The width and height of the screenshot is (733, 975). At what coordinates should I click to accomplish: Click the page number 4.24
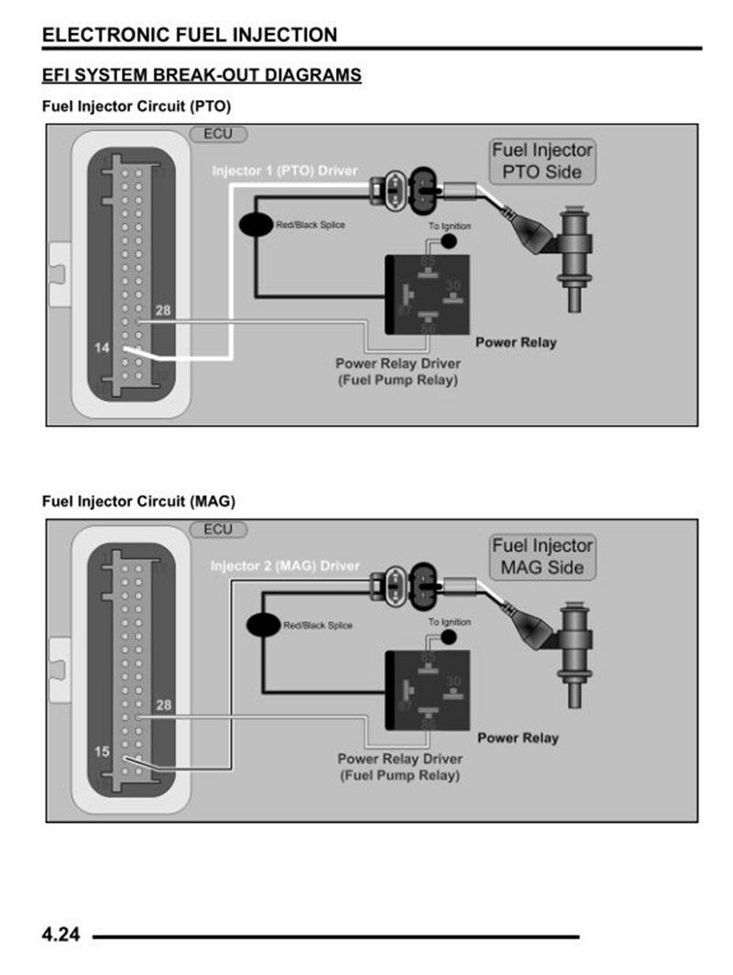(x=61, y=936)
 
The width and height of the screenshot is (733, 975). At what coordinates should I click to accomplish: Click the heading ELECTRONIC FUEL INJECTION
(x=190, y=35)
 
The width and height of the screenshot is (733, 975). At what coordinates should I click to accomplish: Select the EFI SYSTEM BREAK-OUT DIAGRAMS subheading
(x=202, y=75)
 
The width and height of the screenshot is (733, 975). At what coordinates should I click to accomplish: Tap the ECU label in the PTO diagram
(x=218, y=134)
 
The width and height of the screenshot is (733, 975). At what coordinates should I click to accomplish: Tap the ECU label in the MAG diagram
(x=218, y=530)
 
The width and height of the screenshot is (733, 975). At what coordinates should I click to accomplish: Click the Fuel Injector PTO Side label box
(x=542, y=160)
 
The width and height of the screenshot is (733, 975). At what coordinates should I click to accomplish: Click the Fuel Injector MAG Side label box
(x=542, y=556)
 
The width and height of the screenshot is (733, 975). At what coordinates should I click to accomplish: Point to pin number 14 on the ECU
(x=103, y=348)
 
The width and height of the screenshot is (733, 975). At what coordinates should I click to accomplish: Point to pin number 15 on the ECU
(x=103, y=751)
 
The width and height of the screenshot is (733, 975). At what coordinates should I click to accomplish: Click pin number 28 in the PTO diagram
(x=163, y=311)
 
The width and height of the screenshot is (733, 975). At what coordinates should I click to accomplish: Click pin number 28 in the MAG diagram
(x=163, y=705)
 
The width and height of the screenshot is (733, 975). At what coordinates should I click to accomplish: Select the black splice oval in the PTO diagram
(x=255, y=224)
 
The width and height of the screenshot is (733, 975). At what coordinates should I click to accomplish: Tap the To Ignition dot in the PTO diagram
(x=449, y=241)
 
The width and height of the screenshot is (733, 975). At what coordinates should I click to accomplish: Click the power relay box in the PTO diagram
(x=428, y=293)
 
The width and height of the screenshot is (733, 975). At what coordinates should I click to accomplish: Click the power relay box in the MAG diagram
(x=428, y=689)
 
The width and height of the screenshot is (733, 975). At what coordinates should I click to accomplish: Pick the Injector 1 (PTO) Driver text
(x=285, y=171)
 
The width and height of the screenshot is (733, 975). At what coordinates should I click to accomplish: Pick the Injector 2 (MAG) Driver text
(x=285, y=566)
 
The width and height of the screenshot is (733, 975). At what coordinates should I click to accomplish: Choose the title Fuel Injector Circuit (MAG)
(x=138, y=501)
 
